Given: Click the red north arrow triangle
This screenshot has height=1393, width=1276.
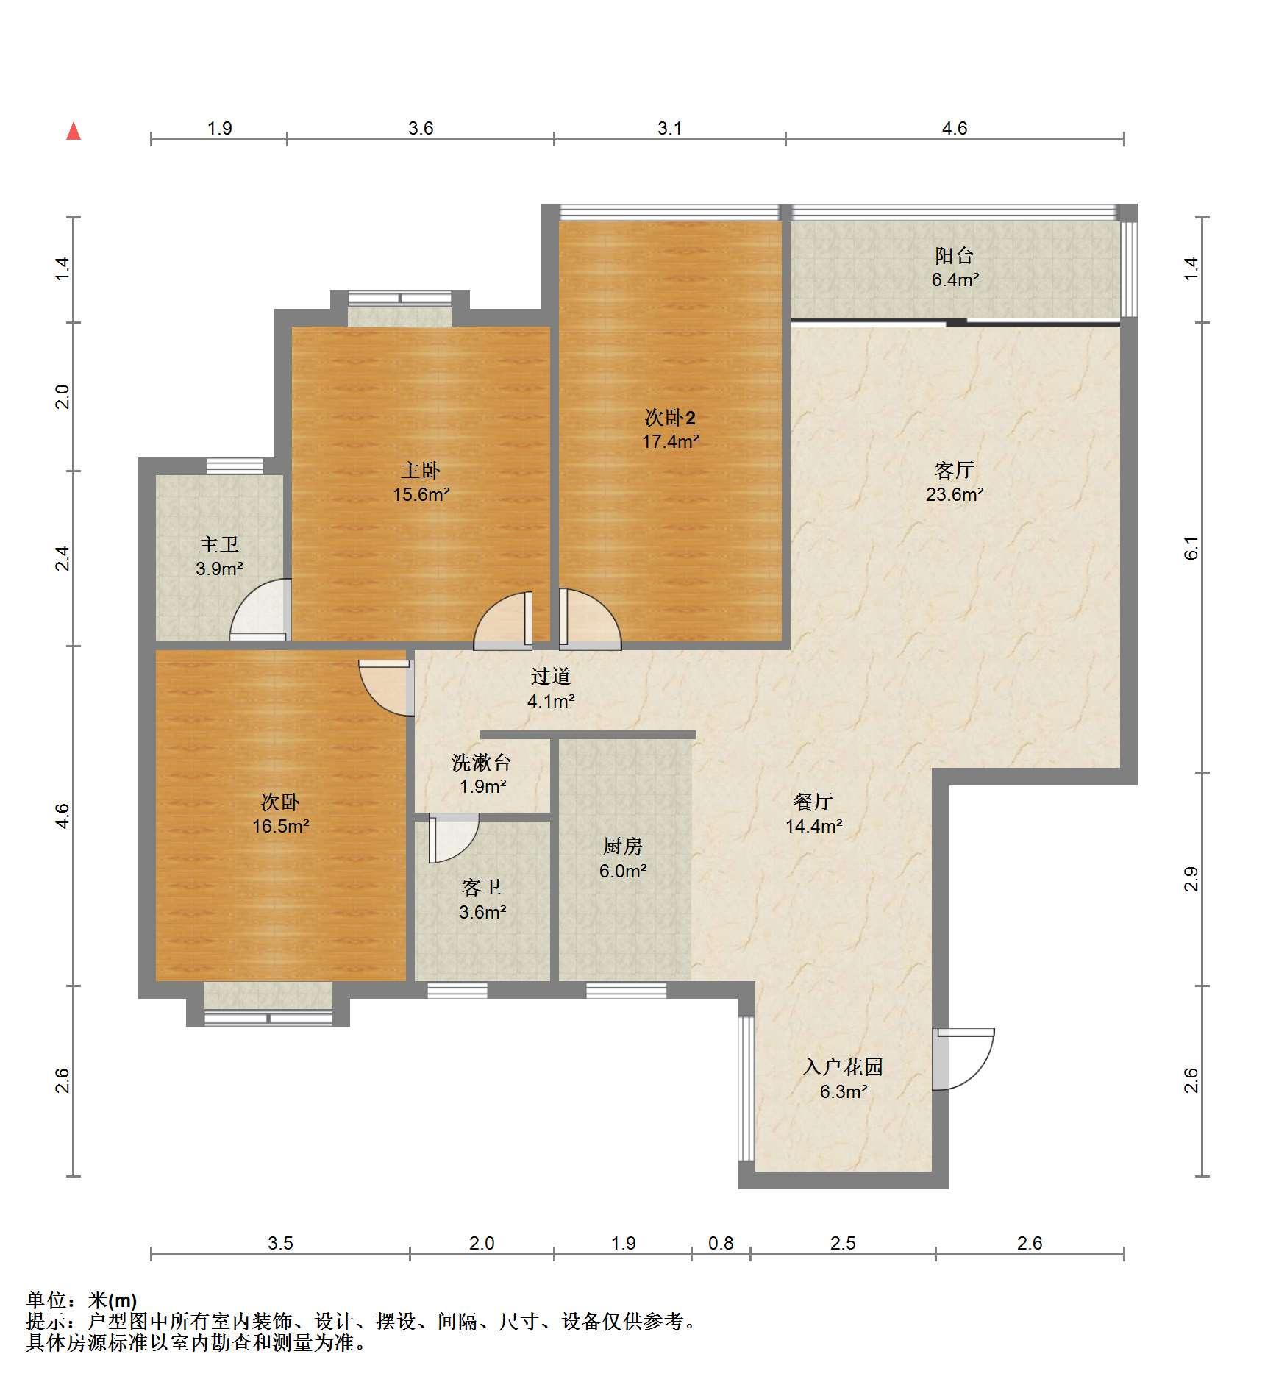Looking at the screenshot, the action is tap(74, 132).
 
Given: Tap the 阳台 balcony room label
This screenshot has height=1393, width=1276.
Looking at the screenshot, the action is tap(955, 256).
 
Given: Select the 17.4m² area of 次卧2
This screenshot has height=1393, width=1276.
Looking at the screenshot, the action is tap(670, 442).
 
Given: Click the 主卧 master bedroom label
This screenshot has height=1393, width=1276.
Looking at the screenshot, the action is tap(421, 470).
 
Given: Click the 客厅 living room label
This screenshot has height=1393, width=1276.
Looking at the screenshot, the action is tap(955, 470).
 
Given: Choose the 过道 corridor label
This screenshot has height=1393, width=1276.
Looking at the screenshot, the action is tap(551, 677).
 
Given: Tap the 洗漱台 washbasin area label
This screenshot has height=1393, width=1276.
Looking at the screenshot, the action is tap(482, 763).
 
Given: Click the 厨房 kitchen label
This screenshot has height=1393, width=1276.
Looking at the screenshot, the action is tap(623, 847).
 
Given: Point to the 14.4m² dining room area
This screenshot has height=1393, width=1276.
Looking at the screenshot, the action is tap(813, 827).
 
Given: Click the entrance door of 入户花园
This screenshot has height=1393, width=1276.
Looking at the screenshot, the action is tap(963, 1059).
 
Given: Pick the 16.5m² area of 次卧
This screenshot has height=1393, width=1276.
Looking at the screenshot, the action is tap(280, 827).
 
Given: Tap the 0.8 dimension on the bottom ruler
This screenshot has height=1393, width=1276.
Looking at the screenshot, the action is tap(721, 1244).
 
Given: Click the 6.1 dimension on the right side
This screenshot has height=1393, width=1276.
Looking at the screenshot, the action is tap(1191, 548).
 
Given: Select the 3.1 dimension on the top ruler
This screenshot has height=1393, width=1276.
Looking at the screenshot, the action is tap(669, 129).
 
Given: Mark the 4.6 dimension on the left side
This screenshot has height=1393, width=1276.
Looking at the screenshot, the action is tap(63, 816).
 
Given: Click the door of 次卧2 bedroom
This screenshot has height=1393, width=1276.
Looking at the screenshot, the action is tap(590, 619).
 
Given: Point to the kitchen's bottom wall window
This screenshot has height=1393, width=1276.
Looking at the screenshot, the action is tap(626, 990).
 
